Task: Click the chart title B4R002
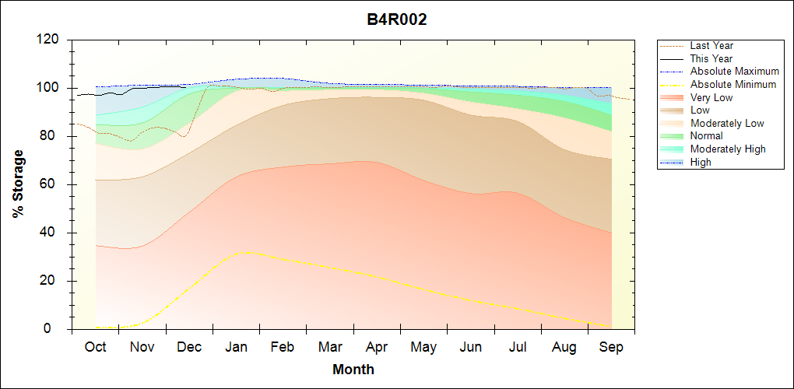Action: [x=397, y=20]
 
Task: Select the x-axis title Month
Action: [x=353, y=370]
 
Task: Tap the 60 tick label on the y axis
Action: [x=52, y=184]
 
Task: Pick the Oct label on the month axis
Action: [x=95, y=347]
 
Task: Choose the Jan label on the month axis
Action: [x=236, y=347]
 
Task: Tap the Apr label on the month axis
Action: [x=377, y=347]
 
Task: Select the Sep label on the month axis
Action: [x=611, y=347]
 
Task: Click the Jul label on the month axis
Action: [x=518, y=347]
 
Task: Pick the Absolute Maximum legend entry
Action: [x=734, y=72]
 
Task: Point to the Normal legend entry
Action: [x=706, y=136]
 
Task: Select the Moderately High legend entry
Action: [x=728, y=149]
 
